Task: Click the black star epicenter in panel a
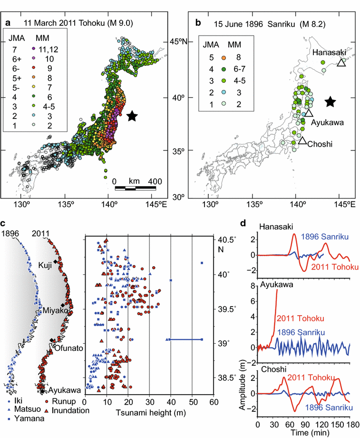132,116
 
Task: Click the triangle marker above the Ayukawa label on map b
309,113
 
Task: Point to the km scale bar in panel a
136,188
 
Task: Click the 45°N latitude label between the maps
180,42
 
